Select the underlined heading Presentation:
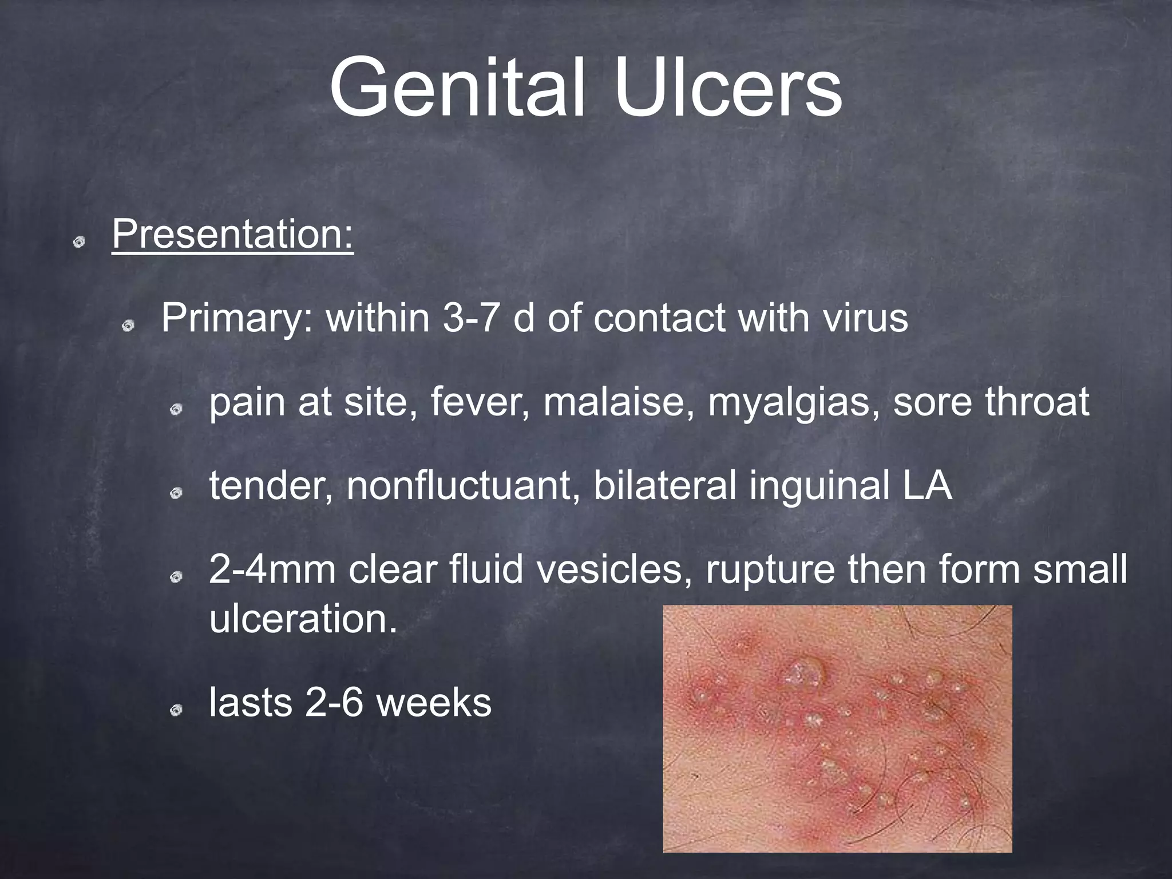233,234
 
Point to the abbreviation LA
928,486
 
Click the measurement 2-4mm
272,570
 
